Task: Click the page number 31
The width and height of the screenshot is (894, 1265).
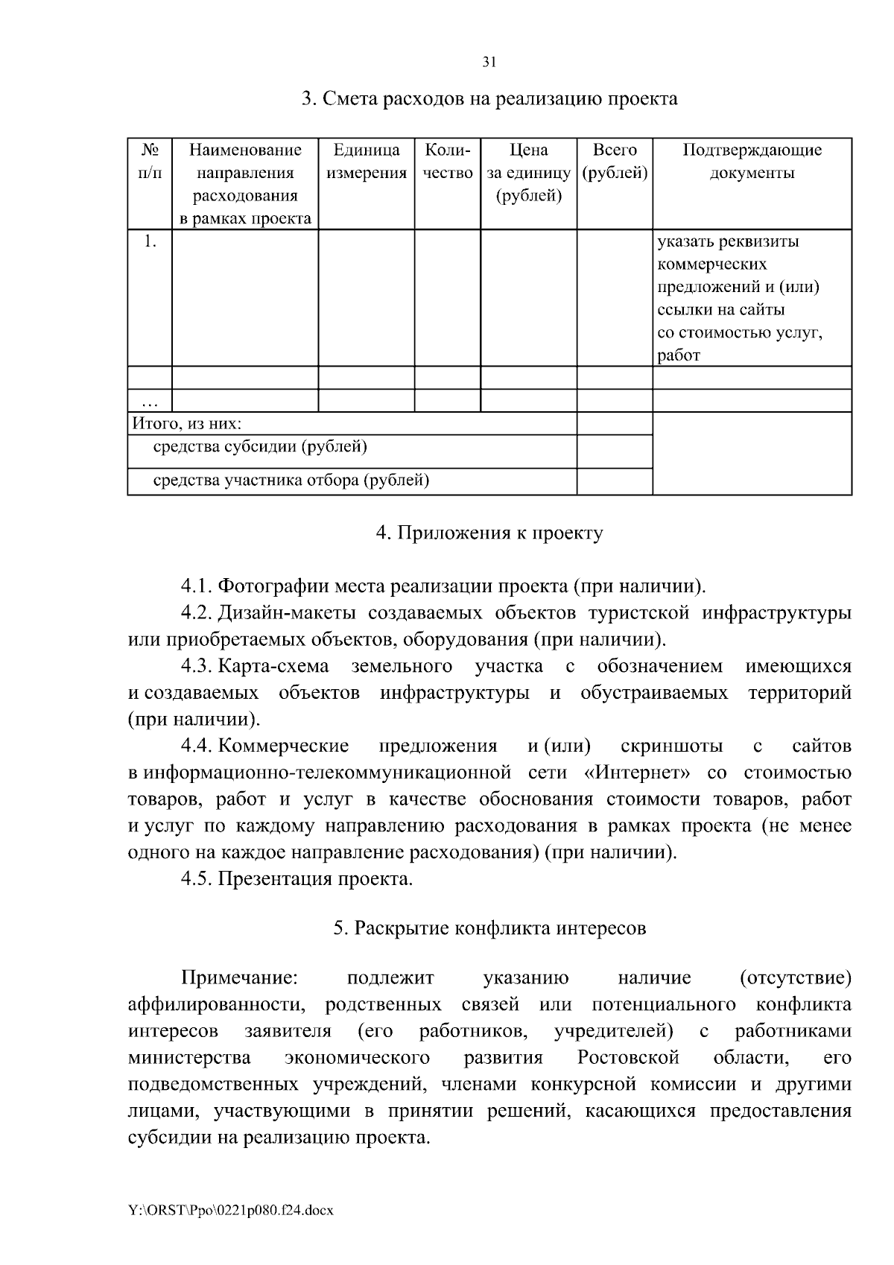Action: coord(489,63)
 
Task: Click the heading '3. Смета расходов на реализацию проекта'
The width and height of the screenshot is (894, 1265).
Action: coord(489,99)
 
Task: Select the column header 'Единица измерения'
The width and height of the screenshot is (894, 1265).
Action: coord(366,162)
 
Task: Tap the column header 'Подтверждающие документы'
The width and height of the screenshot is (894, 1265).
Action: coord(752,162)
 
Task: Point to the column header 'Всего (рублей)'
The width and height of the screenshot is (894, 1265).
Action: coord(615,162)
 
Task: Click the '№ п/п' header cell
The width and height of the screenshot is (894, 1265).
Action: coord(150,162)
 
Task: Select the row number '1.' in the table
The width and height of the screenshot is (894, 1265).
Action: coord(150,241)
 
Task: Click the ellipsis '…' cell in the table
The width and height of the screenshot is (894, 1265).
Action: coord(150,403)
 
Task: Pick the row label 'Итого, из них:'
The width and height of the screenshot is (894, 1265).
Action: coord(187,424)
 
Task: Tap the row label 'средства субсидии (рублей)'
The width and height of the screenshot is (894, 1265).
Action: coord(260,447)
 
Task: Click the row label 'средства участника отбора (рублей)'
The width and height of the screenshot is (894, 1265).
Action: coord(291,481)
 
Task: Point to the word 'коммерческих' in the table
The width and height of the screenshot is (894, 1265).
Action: coord(711,264)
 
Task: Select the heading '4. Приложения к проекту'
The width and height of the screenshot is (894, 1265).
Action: coord(489,533)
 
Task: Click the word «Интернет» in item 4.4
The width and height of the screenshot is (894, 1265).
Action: coord(638,773)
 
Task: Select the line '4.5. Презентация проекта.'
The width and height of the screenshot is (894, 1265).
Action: coord(297,879)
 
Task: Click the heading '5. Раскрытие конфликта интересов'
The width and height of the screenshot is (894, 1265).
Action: coord(489,928)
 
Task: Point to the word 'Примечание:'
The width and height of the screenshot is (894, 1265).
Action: coord(239,978)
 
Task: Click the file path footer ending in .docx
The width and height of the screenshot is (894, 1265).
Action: coord(230,1211)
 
